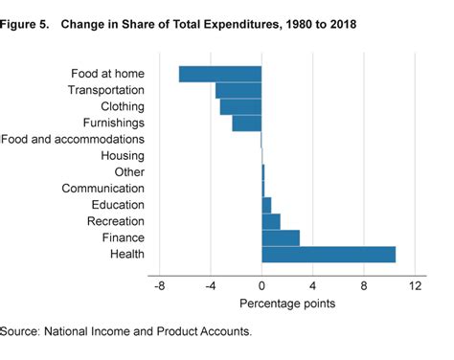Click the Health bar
click(x=329, y=254)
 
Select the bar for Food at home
click(x=220, y=74)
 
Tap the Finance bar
click(x=281, y=237)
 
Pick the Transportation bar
click(x=238, y=90)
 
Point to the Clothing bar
click(x=240, y=106)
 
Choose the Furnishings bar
click(x=247, y=123)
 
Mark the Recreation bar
click(x=271, y=221)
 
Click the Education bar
click(x=266, y=205)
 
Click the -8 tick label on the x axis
click(x=159, y=286)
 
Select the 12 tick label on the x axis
click(x=416, y=286)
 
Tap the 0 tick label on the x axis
click(x=261, y=286)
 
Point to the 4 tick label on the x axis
click(x=313, y=286)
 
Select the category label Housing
click(x=123, y=155)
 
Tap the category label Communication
click(x=102, y=189)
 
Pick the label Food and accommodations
click(x=73, y=139)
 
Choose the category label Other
click(x=129, y=172)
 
